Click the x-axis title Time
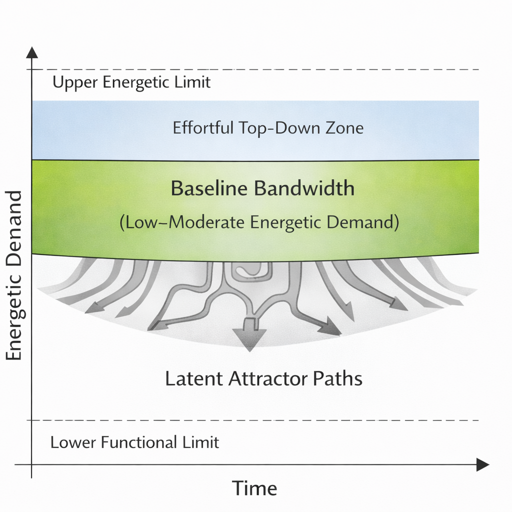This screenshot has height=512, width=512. point(254,487)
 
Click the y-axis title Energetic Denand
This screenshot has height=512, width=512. point(14,275)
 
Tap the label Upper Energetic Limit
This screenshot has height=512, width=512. point(131,82)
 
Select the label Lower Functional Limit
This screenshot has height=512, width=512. point(135,442)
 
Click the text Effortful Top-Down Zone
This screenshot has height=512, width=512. point(268,128)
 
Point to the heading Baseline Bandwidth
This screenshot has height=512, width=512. point(262,189)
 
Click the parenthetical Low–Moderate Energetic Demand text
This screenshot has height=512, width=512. point(259,221)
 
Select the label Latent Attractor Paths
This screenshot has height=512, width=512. point(263,378)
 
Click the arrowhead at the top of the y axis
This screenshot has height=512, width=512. point(32,51)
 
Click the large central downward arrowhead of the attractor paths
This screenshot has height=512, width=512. point(249,339)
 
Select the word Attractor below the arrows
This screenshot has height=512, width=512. point(267,378)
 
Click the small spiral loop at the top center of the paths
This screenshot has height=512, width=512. point(251,269)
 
